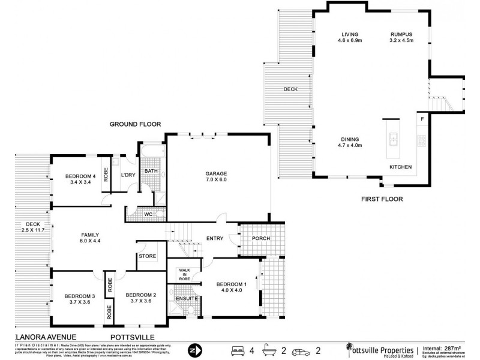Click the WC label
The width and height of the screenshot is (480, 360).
pos(148,214)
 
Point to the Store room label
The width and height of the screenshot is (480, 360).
pos(148,256)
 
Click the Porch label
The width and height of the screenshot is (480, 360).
pos(261,238)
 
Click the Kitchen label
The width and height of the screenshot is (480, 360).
pos(400,166)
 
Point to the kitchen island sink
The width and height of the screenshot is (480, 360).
pos(394,140)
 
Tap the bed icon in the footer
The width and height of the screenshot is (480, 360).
pos(238,349)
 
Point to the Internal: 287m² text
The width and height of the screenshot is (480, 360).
pos(445,347)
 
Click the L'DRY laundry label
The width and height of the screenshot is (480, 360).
pos(127,175)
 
